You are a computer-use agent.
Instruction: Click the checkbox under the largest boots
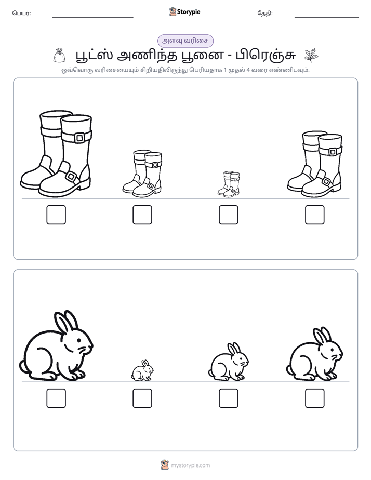56,215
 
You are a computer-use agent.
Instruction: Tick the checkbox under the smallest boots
228,215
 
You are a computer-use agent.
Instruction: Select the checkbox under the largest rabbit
56,398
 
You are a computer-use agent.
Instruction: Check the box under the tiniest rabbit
142,398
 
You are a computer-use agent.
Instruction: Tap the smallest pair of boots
229,184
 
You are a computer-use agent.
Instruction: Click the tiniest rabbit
142,370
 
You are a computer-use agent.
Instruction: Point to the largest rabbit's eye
79,340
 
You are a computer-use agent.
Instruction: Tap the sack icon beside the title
59,56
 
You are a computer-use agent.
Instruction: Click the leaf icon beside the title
311,56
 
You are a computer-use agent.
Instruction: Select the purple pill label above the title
185,41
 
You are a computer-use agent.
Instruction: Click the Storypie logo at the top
184,12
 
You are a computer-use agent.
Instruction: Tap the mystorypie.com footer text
190,465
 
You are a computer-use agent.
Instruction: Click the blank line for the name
92,18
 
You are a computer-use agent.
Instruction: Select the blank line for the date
327,18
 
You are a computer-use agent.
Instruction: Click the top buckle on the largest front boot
80,138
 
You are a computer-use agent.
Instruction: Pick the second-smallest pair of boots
142,173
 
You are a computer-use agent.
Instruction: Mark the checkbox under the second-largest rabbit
315,398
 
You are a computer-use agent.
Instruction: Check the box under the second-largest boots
315,215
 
